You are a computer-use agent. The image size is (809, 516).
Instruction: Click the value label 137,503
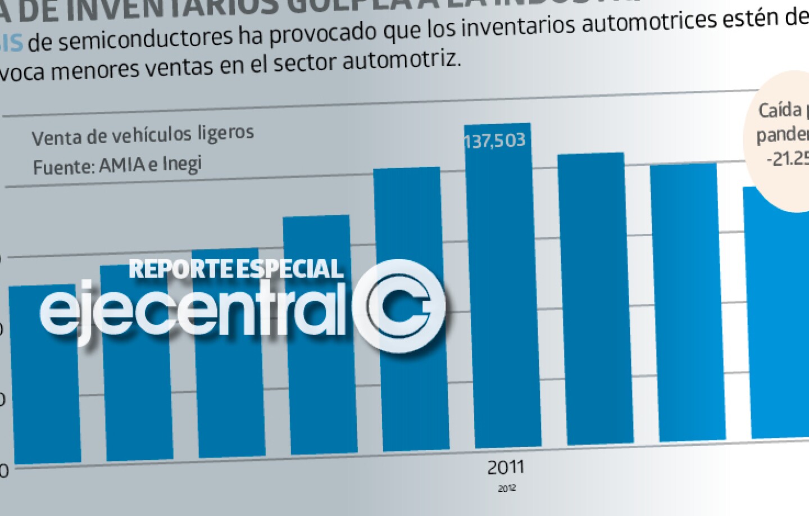494,140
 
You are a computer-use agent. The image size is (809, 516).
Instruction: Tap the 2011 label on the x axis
505,467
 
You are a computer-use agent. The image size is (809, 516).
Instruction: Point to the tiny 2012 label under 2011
506,488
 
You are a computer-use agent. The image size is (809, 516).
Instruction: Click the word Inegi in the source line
181,164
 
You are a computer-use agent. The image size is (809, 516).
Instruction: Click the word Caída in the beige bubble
780,110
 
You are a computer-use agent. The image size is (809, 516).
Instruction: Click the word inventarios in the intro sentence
525,25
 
